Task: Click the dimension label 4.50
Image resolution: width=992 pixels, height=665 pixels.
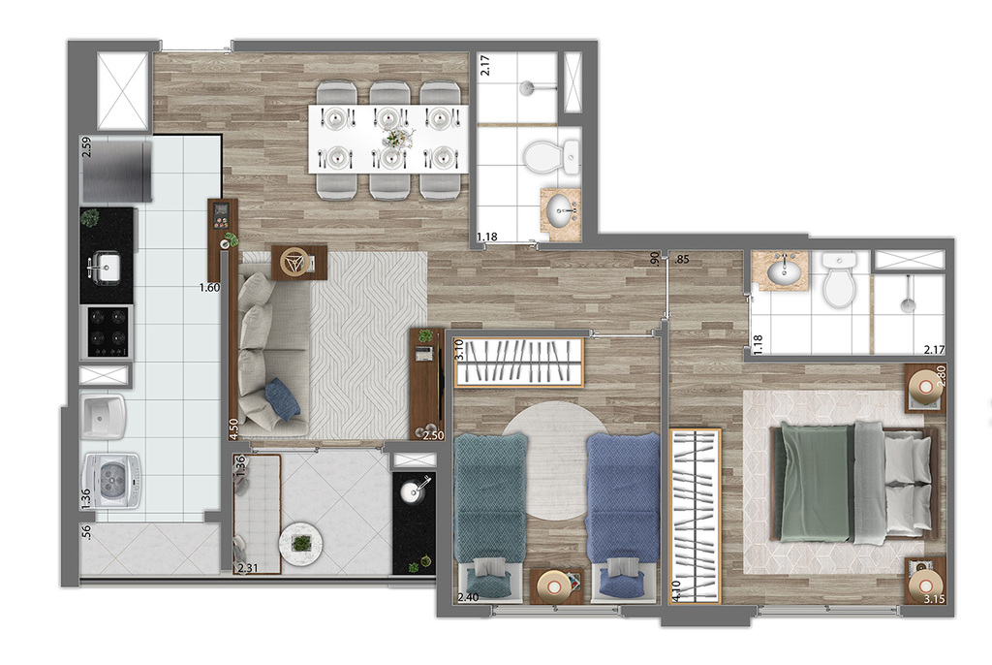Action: click(x=232, y=428)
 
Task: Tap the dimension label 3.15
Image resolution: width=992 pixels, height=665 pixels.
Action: click(x=935, y=601)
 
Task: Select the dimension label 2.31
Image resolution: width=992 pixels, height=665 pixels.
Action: click(x=250, y=570)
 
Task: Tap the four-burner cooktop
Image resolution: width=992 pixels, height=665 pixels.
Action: click(x=108, y=331)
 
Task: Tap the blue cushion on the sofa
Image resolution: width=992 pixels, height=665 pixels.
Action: click(x=282, y=398)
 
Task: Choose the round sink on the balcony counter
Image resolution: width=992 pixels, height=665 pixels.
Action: click(x=415, y=491)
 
